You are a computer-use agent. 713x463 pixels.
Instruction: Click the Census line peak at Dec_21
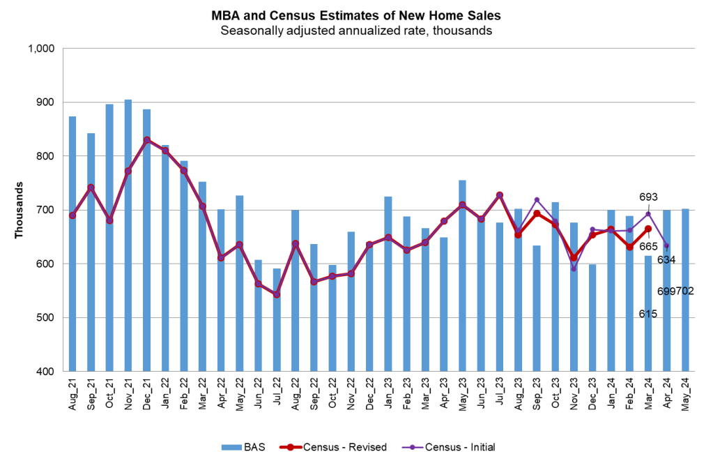pos(147,140)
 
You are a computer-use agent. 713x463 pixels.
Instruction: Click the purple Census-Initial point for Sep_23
pos(537,200)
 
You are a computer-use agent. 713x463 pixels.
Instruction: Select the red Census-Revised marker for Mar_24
pos(648,229)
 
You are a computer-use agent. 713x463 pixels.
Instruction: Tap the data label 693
pos(648,197)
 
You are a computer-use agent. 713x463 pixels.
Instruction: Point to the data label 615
pos(648,314)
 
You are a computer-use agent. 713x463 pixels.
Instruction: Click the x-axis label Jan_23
pos(388,397)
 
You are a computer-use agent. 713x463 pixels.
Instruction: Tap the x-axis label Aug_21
pos(72,397)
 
